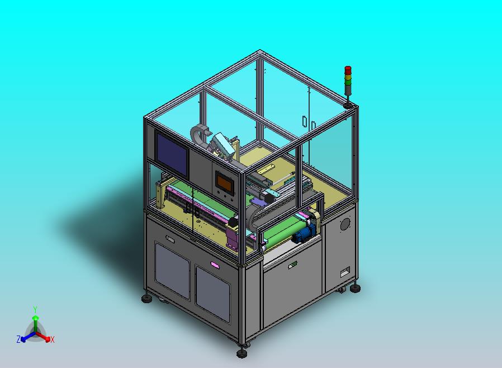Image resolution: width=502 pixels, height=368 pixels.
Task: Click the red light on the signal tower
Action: (x=348, y=70)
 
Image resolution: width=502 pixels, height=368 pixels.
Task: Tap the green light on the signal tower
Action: (x=348, y=82)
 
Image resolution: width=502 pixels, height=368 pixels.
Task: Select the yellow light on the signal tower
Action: (x=348, y=77)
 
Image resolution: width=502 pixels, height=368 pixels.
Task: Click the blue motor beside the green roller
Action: (x=304, y=233)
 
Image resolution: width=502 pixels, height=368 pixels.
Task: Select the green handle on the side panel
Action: (x=292, y=265)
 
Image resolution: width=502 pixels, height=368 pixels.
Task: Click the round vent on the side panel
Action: (x=345, y=224)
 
